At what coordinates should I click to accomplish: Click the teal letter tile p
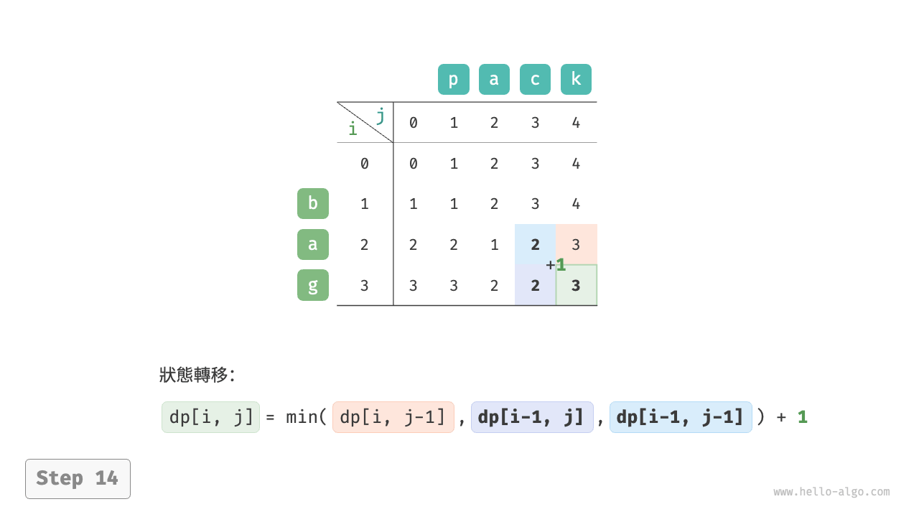pos(453,80)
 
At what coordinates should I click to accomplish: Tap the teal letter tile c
pos(535,80)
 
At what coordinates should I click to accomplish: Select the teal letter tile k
pos(576,80)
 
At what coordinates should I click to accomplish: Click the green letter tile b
pos(312,203)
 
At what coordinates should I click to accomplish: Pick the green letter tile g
pos(312,285)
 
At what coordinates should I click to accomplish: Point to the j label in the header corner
pos(381,115)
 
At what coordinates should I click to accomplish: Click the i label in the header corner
pos(352,129)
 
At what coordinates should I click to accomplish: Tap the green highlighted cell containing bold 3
pos(576,285)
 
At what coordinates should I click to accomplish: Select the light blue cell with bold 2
pos(535,244)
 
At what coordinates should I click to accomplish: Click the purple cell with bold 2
pos(535,285)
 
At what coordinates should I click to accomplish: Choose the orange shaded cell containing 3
pos(576,244)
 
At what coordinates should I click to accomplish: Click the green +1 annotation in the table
pos(556,265)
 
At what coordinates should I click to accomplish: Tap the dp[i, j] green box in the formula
pos(210,417)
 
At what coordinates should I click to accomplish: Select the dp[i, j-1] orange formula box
pos(393,417)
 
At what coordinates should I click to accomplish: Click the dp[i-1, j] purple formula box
pos(531,417)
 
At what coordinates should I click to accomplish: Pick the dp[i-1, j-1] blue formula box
pos(680,417)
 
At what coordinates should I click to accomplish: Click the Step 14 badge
pos(78,478)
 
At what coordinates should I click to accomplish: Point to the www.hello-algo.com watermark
pos(831,492)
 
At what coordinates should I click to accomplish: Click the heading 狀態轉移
pos(196,375)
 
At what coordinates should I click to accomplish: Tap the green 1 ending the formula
pos(802,417)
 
